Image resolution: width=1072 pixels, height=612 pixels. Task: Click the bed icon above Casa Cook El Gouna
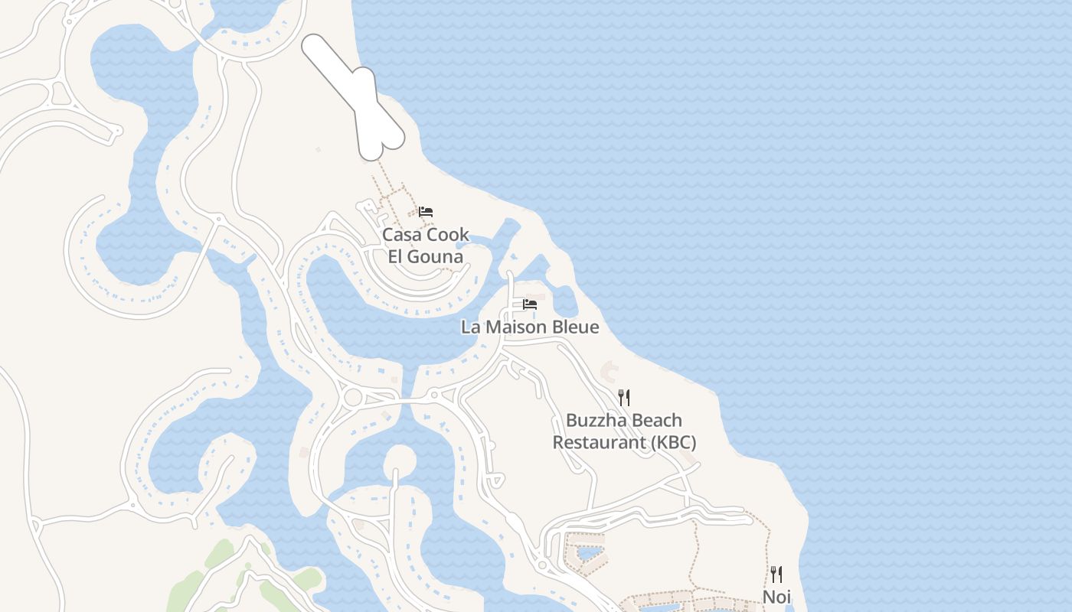426,211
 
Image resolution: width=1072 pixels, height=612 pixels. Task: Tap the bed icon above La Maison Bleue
529,304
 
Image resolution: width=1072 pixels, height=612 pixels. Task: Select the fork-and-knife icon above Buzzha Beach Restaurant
624,397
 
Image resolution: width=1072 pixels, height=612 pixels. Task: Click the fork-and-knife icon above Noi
776,574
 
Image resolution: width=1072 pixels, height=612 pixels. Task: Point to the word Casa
402,235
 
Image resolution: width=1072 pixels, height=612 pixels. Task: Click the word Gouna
436,256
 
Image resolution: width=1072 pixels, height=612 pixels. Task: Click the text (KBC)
672,442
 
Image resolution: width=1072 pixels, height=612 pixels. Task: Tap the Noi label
776,597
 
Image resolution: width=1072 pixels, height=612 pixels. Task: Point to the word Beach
656,421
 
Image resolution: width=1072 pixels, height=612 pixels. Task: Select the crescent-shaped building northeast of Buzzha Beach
610,373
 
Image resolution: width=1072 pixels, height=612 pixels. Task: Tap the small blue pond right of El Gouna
460,246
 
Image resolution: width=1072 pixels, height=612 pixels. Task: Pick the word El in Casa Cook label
396,256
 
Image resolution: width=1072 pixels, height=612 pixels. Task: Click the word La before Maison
470,327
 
